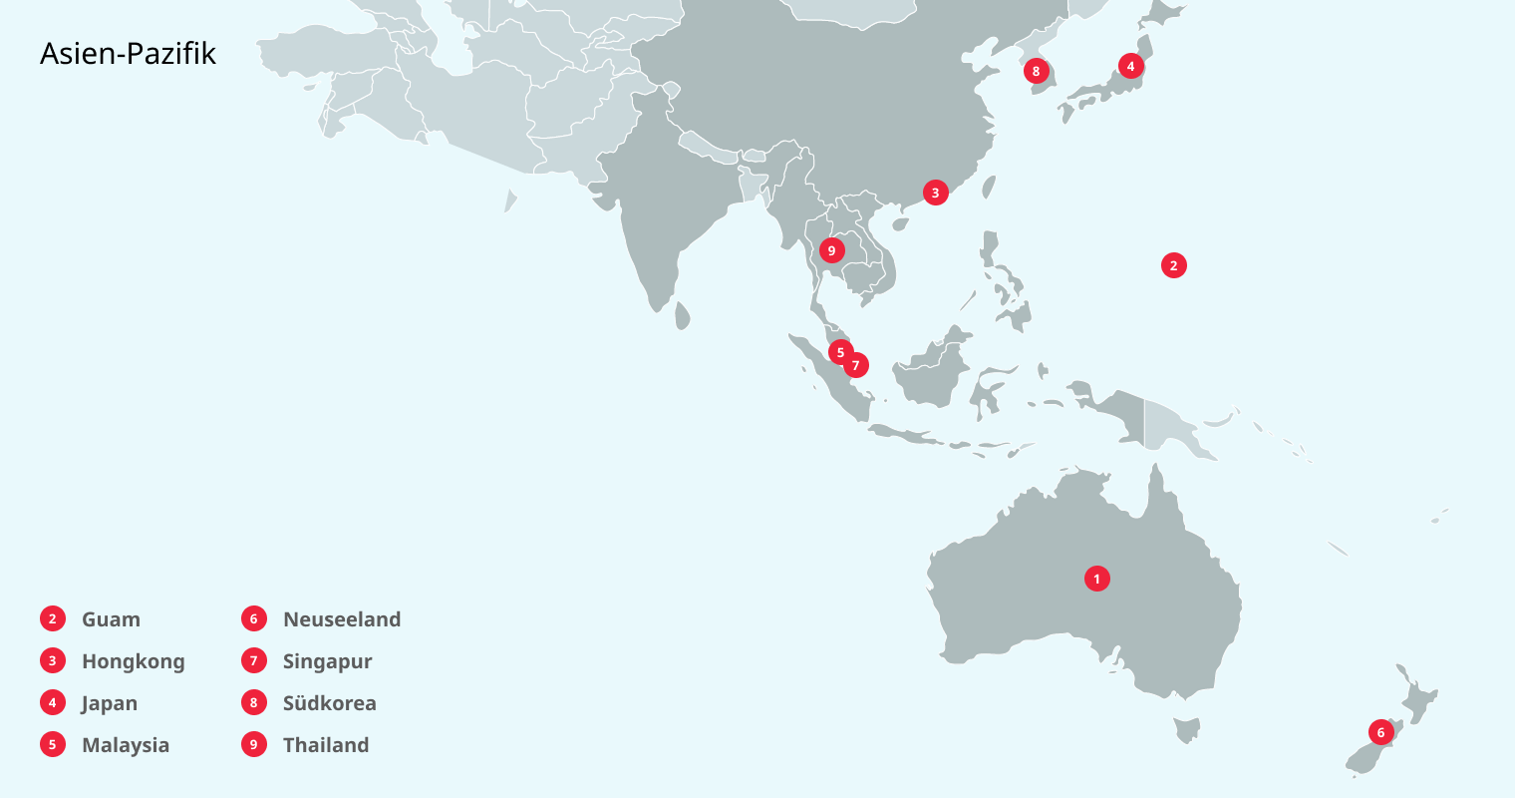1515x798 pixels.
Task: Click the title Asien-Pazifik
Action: coord(128,54)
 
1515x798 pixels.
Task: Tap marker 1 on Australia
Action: coord(1096,579)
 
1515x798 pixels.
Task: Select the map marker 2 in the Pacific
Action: coord(1173,265)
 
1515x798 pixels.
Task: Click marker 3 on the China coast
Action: coord(935,193)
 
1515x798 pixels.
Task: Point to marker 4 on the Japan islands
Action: coord(1130,66)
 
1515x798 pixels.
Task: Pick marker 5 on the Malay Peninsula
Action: coord(840,352)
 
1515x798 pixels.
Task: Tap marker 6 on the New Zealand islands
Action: coord(1380,732)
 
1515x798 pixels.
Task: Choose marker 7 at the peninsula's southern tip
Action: coord(856,366)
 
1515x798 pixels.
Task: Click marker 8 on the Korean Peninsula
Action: coord(1037,71)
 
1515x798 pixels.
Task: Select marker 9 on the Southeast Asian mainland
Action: coord(831,250)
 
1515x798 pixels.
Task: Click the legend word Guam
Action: coord(111,619)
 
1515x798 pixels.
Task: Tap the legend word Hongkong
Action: coord(133,661)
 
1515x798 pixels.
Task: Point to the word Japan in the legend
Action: coord(110,703)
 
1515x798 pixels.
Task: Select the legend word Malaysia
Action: coord(126,745)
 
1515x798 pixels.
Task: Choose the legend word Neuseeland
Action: coord(342,619)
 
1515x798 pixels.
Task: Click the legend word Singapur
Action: coord(327,661)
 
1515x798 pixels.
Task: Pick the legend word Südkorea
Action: coord(329,703)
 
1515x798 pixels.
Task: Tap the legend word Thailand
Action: coord(326,745)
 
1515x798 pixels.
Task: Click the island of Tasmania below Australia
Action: coord(1186,731)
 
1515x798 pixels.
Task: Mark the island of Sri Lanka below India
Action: coord(683,316)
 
